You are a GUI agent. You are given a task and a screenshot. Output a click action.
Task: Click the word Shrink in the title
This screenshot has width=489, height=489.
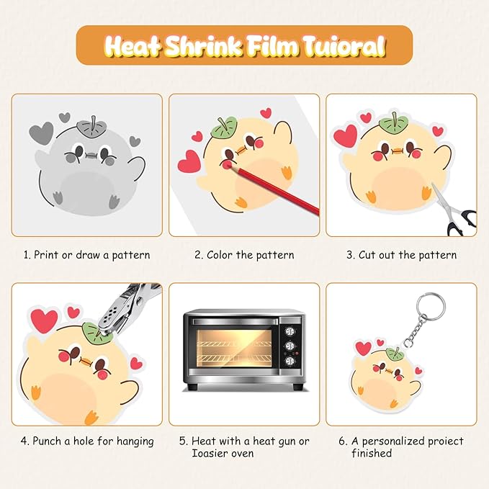tap(202, 47)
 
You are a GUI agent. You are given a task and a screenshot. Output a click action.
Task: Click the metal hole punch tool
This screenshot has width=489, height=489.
tap(128, 309)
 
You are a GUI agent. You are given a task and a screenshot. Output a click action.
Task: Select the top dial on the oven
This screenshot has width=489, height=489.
tap(290, 331)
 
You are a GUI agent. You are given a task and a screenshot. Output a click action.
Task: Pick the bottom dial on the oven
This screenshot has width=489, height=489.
tap(290, 361)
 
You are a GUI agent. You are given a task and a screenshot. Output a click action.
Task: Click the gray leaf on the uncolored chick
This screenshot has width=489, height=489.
tap(91, 128)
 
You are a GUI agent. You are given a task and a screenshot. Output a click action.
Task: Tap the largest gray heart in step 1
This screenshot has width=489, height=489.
tap(41, 133)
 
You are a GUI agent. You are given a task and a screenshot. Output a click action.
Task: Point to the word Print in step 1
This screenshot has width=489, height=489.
tap(46, 255)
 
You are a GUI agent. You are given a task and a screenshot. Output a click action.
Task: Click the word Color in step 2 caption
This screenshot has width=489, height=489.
tap(220, 255)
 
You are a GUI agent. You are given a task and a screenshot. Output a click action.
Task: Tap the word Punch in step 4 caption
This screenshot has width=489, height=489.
tap(47, 441)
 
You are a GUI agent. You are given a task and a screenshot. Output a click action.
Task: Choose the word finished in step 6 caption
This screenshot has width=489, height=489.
tap(372, 453)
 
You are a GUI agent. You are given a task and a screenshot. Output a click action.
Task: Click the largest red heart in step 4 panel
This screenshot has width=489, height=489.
tap(44, 320)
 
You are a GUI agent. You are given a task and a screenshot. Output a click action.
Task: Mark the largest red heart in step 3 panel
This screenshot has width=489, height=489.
tap(345, 135)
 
